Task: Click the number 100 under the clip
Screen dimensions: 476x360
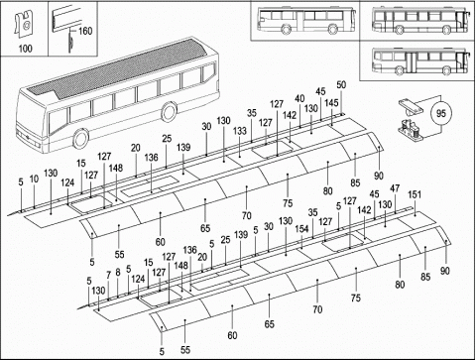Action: [25, 49]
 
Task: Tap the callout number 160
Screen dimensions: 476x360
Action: [85, 31]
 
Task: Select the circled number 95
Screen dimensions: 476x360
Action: [441, 113]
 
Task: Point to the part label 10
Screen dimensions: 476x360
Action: [34, 180]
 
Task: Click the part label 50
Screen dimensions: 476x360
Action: [341, 85]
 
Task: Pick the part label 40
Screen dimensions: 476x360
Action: [299, 98]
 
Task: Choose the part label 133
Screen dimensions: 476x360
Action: [240, 131]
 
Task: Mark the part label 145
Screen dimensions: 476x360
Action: [331, 103]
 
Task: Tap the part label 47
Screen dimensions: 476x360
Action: [395, 188]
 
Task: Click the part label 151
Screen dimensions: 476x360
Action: [415, 194]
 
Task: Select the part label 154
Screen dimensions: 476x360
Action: [301, 229]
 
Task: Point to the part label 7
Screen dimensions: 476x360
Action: [108, 275]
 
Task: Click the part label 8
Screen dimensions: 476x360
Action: [118, 273]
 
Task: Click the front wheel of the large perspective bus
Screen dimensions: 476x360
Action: [80, 139]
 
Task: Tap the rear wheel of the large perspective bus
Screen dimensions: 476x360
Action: [169, 112]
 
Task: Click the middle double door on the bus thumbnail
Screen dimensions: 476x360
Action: [411, 62]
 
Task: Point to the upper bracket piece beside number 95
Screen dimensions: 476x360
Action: [411, 106]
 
